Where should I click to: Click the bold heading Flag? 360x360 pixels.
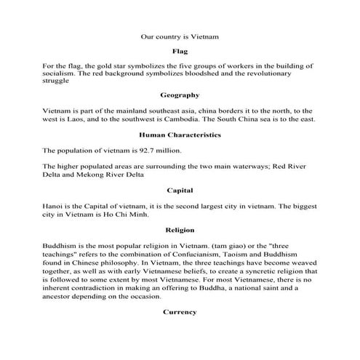tap(180, 52)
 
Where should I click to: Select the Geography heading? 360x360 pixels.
tap(180, 95)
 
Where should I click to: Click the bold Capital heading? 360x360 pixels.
tap(180, 191)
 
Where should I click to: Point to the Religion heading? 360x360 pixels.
tap(180, 230)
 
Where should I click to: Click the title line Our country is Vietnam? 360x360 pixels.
tap(180, 35)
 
